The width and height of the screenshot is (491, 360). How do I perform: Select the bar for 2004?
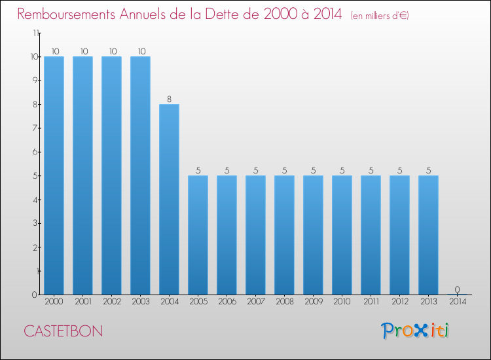click(169, 199)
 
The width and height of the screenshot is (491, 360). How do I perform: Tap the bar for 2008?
click(284, 235)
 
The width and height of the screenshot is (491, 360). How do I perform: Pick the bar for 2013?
click(428, 235)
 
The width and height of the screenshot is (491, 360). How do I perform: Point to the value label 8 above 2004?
click(169, 99)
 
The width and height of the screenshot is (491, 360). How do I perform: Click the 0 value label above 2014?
click(457, 289)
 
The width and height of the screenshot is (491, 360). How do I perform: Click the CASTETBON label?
click(63, 331)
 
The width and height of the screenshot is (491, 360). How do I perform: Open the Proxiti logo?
click(415, 331)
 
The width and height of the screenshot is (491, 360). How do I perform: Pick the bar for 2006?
click(227, 235)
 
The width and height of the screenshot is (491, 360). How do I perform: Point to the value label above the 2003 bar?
click(140, 51)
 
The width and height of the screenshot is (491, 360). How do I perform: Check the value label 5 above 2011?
click(371, 170)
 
